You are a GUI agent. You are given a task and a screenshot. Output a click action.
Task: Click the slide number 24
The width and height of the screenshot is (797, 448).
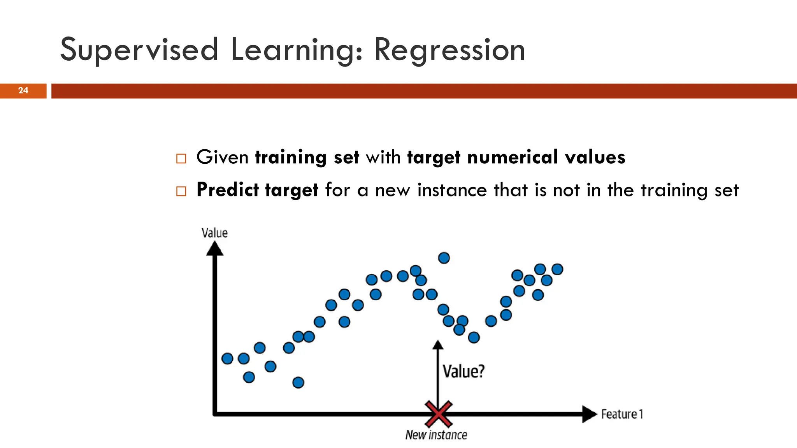point(23,91)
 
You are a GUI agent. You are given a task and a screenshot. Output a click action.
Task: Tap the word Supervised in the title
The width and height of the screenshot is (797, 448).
point(139,50)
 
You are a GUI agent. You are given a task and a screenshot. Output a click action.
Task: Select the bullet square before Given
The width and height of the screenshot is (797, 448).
point(181,159)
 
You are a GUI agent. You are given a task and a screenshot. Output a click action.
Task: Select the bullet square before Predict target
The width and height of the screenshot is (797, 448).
point(181,191)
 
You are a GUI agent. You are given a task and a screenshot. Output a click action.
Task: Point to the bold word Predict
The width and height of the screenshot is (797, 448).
point(228,190)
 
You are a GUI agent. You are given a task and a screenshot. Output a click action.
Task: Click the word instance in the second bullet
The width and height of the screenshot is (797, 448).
point(452,190)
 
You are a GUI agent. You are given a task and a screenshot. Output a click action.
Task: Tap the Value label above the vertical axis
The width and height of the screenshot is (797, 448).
point(214,233)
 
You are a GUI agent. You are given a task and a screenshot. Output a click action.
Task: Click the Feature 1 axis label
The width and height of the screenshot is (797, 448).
point(622,414)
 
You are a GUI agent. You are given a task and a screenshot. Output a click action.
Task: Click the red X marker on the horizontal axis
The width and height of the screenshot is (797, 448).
point(439,414)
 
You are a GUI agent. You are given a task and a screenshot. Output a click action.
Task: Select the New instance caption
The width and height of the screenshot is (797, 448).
point(436,435)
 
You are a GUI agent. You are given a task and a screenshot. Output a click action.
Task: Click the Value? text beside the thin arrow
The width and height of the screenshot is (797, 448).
point(463,371)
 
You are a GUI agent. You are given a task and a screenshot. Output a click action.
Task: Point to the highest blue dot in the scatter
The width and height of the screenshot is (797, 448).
point(444,258)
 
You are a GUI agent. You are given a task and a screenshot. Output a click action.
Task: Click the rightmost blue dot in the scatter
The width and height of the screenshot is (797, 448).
point(557,269)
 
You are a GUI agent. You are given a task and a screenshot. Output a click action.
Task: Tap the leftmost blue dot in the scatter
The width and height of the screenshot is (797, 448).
point(227,359)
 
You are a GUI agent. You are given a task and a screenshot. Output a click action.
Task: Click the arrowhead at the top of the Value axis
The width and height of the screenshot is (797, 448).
point(214,248)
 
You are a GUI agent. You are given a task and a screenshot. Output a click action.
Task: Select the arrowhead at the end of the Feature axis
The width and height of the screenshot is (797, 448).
point(589,414)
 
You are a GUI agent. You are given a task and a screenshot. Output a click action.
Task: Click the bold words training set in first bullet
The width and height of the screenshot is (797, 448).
point(307,157)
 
